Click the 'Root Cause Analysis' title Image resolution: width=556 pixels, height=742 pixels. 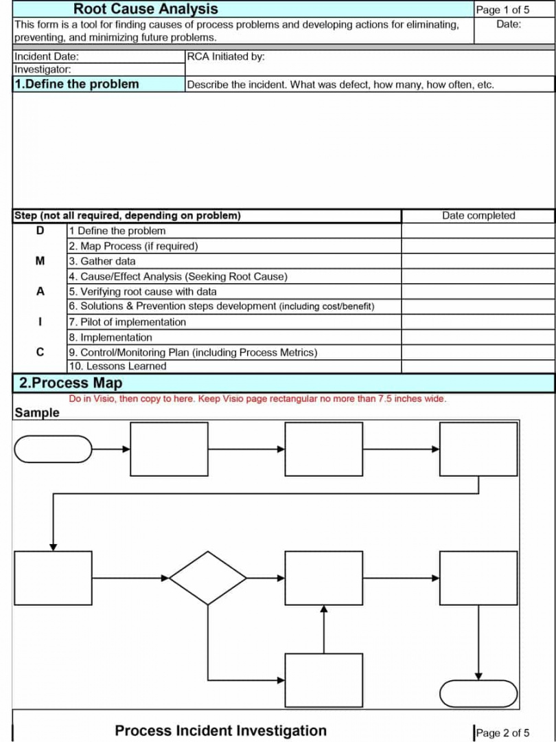[x=146, y=9]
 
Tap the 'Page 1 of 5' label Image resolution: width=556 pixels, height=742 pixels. [x=502, y=10]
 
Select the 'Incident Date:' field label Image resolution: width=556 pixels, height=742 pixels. [x=47, y=56]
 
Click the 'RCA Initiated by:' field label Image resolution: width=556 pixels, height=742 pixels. [x=225, y=56]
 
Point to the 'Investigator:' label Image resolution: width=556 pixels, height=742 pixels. [x=43, y=69]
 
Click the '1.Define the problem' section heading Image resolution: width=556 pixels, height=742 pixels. [x=76, y=85]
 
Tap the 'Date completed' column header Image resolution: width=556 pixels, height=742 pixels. [x=478, y=216]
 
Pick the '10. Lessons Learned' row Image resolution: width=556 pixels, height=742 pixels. [x=117, y=366]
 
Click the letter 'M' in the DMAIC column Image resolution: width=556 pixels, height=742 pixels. [x=39, y=261]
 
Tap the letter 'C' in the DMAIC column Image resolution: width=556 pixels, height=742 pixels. [x=39, y=352]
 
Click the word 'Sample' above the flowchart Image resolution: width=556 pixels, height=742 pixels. [x=37, y=413]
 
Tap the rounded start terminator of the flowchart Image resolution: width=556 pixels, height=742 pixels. [x=54, y=449]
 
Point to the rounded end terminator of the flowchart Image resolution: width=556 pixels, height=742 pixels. [x=478, y=693]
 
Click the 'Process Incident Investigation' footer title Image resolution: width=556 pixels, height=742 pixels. [x=221, y=731]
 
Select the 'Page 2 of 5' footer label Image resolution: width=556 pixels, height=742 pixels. [x=502, y=733]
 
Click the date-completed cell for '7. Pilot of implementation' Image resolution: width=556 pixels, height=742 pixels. [x=478, y=322]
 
